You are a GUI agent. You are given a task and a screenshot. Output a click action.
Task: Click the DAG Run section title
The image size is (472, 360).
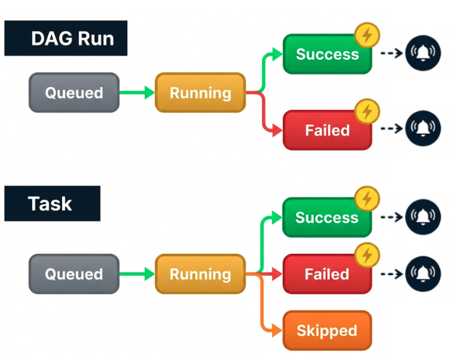(x=66, y=38)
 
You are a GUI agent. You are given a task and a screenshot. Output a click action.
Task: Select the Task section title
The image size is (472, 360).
(x=53, y=203)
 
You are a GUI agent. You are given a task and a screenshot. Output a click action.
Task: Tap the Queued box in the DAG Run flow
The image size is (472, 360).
(x=74, y=92)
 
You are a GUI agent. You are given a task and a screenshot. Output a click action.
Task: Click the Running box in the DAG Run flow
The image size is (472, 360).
(x=201, y=92)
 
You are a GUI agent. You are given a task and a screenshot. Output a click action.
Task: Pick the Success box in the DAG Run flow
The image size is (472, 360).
(x=328, y=54)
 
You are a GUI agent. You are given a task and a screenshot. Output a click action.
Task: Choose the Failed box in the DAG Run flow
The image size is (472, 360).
(x=328, y=130)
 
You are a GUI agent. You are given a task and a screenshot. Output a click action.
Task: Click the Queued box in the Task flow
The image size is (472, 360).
(x=74, y=274)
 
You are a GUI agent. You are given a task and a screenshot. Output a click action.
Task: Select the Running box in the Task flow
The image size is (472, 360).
(x=201, y=274)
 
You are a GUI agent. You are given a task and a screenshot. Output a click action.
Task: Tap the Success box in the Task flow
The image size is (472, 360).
(x=327, y=217)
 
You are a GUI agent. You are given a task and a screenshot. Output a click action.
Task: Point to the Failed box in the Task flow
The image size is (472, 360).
(x=327, y=274)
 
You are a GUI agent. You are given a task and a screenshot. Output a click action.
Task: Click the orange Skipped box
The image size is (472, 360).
(x=327, y=330)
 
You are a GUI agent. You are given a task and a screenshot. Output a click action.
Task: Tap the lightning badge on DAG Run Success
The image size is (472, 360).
(x=367, y=36)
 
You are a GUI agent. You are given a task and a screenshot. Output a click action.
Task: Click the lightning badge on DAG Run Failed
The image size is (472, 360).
(x=367, y=111)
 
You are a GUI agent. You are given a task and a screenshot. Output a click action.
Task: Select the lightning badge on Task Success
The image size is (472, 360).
(x=367, y=199)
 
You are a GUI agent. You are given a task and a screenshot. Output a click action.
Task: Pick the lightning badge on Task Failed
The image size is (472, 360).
(x=367, y=255)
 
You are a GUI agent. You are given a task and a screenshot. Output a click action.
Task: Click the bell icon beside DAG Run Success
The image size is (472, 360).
(x=423, y=53)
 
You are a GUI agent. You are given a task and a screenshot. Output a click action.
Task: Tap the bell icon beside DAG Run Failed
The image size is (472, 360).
(x=423, y=128)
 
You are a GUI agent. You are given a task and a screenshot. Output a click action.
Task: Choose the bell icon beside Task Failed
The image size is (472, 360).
(x=423, y=274)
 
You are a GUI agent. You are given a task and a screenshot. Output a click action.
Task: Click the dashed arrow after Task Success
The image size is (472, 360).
(x=392, y=217)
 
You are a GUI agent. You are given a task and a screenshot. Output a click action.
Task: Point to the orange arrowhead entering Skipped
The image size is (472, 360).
(x=277, y=330)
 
